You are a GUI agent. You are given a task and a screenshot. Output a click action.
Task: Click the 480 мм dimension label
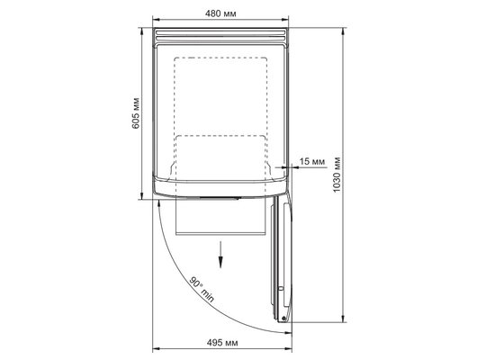[x=220, y=13]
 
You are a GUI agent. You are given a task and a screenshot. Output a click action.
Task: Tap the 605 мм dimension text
[x=136, y=112]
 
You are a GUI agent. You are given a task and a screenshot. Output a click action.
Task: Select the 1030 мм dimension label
[x=337, y=175]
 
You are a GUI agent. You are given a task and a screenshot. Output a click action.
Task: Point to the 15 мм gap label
[x=312, y=161]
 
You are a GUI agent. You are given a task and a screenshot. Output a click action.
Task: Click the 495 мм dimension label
[x=222, y=343]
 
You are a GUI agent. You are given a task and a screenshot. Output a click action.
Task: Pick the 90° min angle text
[x=202, y=289]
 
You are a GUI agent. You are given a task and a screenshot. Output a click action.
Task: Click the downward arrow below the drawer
[x=220, y=255]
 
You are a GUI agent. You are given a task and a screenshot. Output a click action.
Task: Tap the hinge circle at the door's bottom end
[x=283, y=319]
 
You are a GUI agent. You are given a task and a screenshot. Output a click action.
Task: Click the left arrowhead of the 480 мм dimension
[x=156, y=20]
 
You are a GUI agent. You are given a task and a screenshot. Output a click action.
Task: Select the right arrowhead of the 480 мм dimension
[x=284, y=20]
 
